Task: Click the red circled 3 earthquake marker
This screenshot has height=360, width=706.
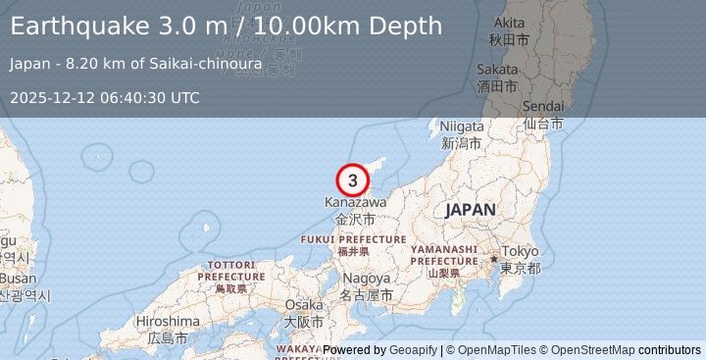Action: [353, 180]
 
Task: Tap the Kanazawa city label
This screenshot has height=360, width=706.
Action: [355, 203]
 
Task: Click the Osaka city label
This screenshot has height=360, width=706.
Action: [303, 305]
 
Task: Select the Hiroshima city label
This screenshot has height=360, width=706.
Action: [167, 322]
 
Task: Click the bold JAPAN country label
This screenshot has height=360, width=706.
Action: [470, 210]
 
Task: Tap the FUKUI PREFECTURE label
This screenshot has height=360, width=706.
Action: [353, 239]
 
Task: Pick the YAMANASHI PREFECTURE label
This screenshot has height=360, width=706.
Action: [443, 255]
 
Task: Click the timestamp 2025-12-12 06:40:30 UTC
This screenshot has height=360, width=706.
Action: [105, 97]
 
